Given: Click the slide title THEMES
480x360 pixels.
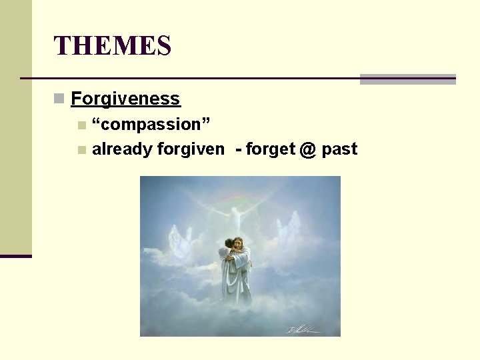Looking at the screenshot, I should tap(113, 46).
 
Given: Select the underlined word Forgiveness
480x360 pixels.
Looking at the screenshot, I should tap(125, 99).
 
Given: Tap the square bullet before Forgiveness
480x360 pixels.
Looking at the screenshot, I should tap(59, 99).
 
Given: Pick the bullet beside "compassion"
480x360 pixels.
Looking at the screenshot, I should tap(81, 125).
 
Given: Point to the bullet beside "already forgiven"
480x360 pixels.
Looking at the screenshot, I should tap(81, 150).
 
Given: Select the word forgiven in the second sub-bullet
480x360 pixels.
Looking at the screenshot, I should tap(191, 149).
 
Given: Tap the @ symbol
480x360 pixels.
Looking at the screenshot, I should tap(307, 149).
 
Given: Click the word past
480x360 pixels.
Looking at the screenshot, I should tap(339, 149).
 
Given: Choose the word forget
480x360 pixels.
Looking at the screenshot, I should tap(270, 149).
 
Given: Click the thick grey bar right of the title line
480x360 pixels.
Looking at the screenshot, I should tap(407, 79).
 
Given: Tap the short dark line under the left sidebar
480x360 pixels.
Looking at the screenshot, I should tap(16, 256).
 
